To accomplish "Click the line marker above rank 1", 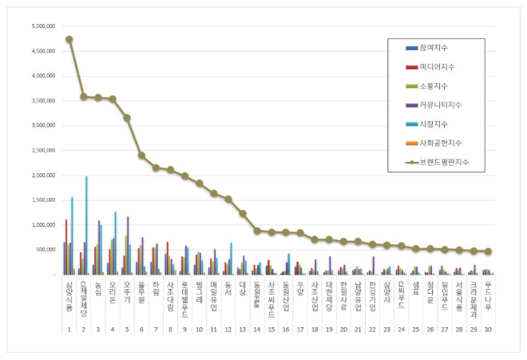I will (x=69, y=39).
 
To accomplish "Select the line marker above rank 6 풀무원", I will (x=141, y=156).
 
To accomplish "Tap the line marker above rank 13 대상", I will (x=243, y=213).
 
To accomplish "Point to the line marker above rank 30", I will (x=488, y=251).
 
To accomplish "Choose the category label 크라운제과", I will (x=473, y=296).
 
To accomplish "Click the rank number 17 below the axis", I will (x=300, y=330).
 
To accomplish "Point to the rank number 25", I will (x=415, y=330).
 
